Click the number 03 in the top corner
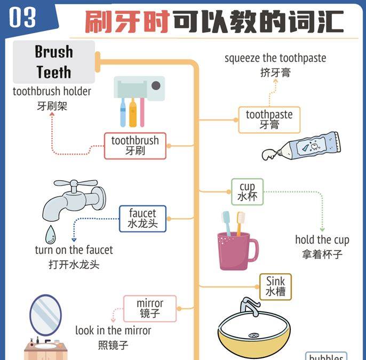22,18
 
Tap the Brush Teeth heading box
53,62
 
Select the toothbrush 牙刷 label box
135,146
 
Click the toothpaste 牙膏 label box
269,119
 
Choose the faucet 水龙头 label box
142,219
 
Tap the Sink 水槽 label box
276,286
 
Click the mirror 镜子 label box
149,309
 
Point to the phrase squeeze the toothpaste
275,58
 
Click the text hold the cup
322,240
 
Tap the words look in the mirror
113,331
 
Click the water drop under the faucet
50,233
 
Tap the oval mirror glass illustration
45,315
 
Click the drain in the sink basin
254,335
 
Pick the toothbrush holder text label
52,92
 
